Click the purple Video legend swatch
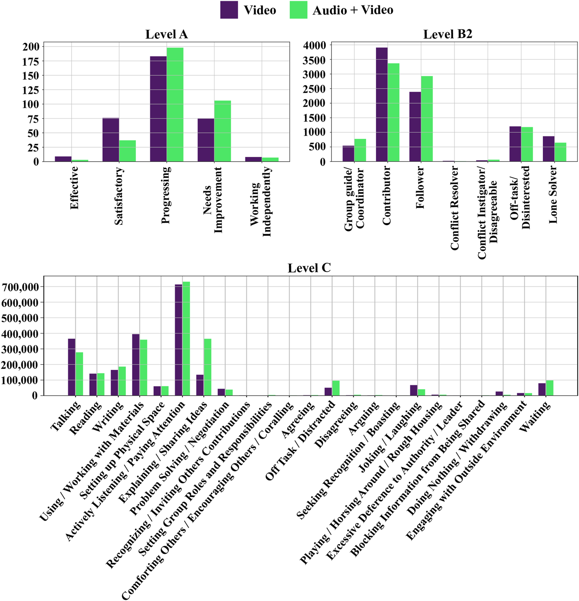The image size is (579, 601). pos(229,10)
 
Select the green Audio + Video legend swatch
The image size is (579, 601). pos(298,10)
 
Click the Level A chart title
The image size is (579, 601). pos(166,34)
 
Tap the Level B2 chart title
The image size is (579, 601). pos(447,34)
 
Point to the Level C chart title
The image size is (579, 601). pos(309,268)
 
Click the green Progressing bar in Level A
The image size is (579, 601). pos(175,104)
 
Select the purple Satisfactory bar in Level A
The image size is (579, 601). pos(110,140)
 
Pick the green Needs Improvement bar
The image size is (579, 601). pos(222,131)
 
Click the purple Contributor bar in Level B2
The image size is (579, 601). pos(381,104)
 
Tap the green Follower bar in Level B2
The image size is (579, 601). pos(427,119)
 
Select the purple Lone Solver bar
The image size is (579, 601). pos(548,149)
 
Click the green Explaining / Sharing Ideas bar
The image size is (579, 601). pos(207,367)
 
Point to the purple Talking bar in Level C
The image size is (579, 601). pos(72,367)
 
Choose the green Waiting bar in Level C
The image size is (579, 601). pos(549,388)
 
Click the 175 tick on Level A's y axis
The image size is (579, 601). pos(30,61)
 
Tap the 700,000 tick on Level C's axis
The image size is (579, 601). pos(20,287)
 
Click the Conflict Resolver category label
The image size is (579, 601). pos(455,208)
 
